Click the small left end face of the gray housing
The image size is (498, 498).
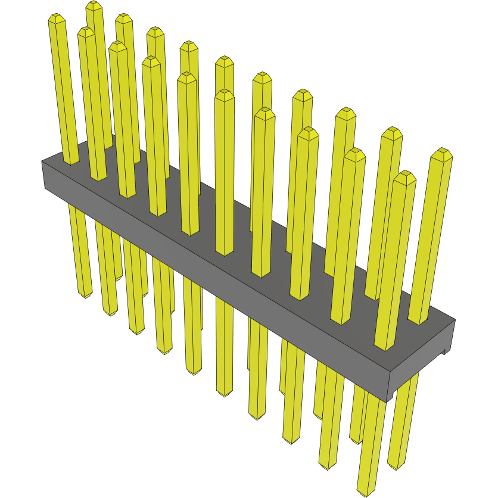click(x=43, y=175)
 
